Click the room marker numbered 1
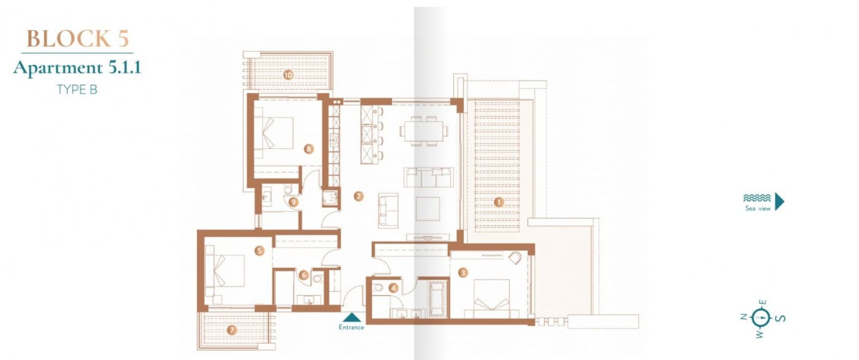pos(499,201)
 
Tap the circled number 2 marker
pos(359,197)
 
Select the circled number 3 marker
pos(463,273)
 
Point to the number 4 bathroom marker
pos(393,286)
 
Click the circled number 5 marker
pos(260,250)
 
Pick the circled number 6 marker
pos(303,275)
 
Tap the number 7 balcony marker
pos(231,330)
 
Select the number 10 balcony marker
pos(288,75)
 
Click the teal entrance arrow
pos(352,317)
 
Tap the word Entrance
pos(352,327)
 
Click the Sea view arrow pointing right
pos(780,201)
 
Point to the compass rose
pos(761,318)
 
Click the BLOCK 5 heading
pos(78,39)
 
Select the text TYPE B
pos(77,89)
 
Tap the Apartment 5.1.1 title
pos(77,67)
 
